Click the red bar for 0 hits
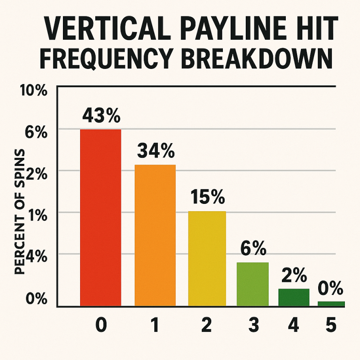tap(100, 218)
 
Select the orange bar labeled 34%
tap(155, 235)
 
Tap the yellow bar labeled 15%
tap(207, 259)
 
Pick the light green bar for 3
tap(253, 284)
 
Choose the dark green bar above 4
tap(294, 297)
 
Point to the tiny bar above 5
tap(331, 304)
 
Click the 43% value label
tap(101, 116)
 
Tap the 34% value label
tap(156, 150)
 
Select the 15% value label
tap(207, 197)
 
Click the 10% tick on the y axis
tap(34, 90)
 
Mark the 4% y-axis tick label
tap(37, 257)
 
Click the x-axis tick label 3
tap(254, 325)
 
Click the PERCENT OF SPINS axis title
tap(19, 211)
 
